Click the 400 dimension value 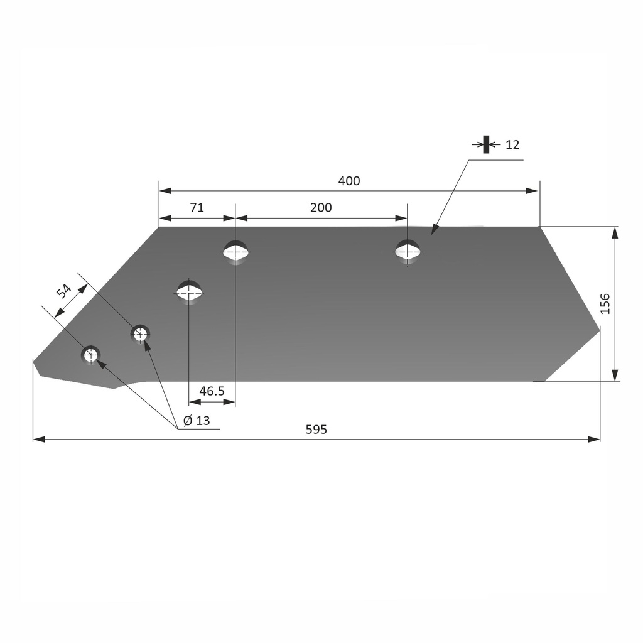pyautogui.click(x=349, y=181)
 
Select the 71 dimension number pyautogui.click(x=197, y=208)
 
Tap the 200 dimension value pyautogui.click(x=321, y=208)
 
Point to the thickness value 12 pyautogui.click(x=512, y=145)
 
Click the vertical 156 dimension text pyautogui.click(x=605, y=303)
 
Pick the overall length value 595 pyautogui.click(x=316, y=430)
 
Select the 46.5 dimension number pyautogui.click(x=212, y=391)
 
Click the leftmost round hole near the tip pyautogui.click(x=91, y=355)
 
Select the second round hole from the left pyautogui.click(x=140, y=333)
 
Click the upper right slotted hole pyautogui.click(x=408, y=251)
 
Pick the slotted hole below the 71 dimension pyautogui.click(x=235, y=252)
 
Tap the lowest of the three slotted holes pyautogui.click(x=189, y=292)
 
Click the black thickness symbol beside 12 pyautogui.click(x=485, y=144)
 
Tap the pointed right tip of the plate pyautogui.click(x=600, y=328)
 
